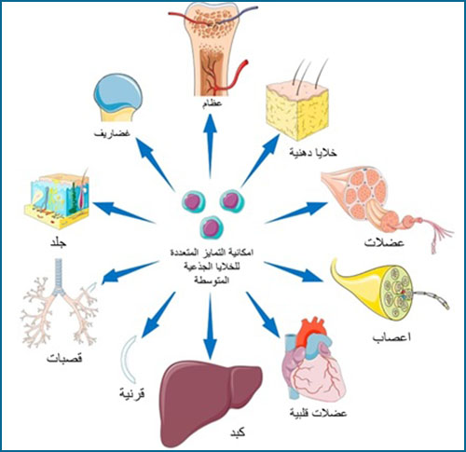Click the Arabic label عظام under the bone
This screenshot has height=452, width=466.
(212, 103)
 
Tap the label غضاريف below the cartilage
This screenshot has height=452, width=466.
(112, 133)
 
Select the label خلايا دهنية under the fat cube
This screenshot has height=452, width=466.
(313, 153)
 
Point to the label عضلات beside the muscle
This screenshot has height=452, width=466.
(384, 242)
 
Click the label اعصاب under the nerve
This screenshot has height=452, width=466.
(392, 337)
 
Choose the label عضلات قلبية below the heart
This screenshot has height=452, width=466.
(318, 413)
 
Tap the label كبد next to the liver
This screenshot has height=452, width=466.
(238, 432)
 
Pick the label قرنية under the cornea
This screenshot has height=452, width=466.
(132, 394)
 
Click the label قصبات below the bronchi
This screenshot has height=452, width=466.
(64, 359)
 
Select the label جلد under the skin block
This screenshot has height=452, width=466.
(59, 242)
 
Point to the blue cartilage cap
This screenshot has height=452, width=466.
(117, 91)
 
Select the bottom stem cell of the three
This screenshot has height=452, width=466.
(212, 227)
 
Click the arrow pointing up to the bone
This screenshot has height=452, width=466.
(211, 146)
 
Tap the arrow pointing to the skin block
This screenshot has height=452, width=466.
(124, 212)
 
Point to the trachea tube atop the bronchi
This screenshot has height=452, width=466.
(59, 277)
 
